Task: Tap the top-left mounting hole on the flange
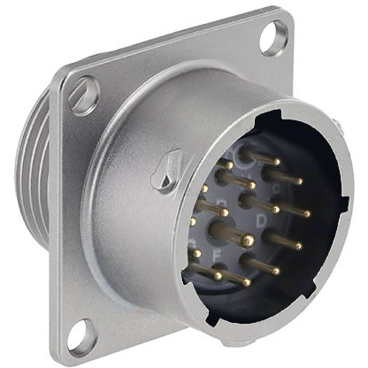pos(84,96)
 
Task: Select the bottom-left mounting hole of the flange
pos(81,335)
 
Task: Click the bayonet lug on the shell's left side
pos(164,172)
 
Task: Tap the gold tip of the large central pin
pos(248,241)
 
